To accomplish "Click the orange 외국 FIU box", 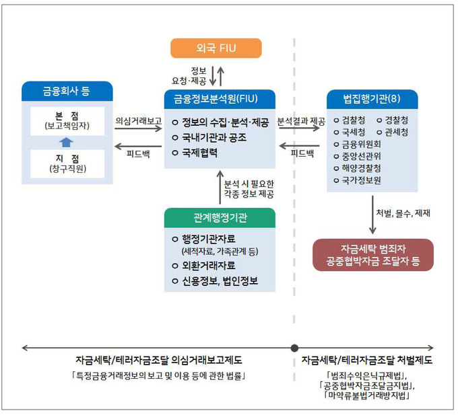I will click(x=216, y=48).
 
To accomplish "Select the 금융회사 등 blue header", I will click(x=66, y=91).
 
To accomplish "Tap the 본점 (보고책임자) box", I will click(x=67, y=120).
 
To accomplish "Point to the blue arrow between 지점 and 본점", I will click(x=66, y=142).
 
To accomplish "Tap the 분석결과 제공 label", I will click(x=300, y=122).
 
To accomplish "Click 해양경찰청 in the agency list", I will click(x=361, y=168).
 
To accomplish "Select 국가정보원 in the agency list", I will click(x=361, y=180).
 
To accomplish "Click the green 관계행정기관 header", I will click(x=220, y=217).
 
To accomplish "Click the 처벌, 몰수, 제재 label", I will click(x=403, y=214).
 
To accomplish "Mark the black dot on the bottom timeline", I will click(x=294, y=348).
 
